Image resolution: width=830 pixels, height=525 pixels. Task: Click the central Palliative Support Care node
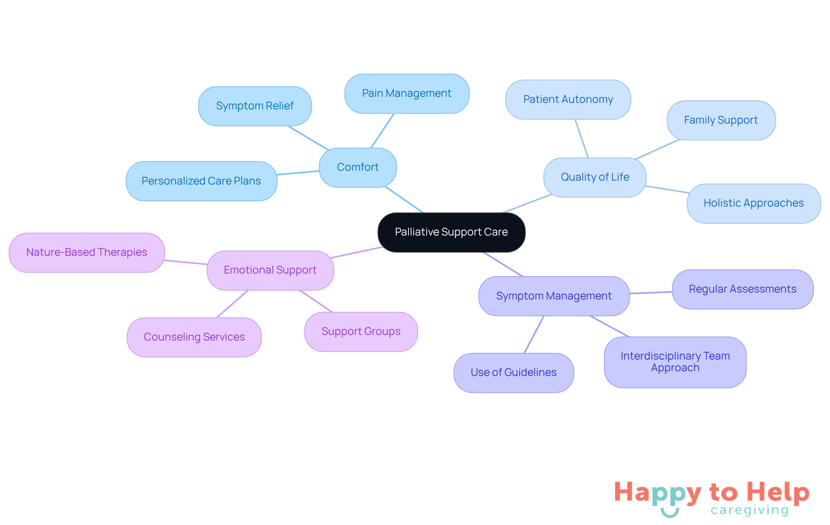[451, 232]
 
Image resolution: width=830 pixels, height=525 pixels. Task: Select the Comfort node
[358, 168]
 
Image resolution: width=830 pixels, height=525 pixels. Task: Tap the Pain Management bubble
[407, 94]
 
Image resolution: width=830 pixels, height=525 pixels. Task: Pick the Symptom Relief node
[255, 106]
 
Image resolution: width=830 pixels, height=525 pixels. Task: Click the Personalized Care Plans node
[201, 181]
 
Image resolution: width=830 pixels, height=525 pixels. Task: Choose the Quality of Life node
[595, 178]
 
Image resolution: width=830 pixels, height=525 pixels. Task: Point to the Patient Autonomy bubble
[568, 100]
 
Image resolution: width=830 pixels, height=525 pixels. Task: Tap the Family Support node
[721, 121]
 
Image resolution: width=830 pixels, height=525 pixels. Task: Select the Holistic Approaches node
[754, 204]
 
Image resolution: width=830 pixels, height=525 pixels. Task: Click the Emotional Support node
[270, 270]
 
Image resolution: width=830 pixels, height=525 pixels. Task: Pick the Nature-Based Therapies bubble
[87, 253]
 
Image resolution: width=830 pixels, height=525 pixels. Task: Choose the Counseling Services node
[194, 337]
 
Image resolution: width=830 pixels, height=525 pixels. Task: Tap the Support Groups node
[361, 332]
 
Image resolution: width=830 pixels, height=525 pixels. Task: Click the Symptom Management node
[554, 296]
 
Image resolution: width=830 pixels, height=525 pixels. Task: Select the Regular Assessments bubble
[743, 290]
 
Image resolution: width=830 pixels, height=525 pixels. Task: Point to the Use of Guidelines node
[514, 373]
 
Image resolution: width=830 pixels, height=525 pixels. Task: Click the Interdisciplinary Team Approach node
[675, 363]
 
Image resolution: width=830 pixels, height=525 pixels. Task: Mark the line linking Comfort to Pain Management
[382, 131]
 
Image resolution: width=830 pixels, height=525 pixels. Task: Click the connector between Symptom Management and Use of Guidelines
[534, 334]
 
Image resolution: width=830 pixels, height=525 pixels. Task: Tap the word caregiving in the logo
[750, 510]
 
